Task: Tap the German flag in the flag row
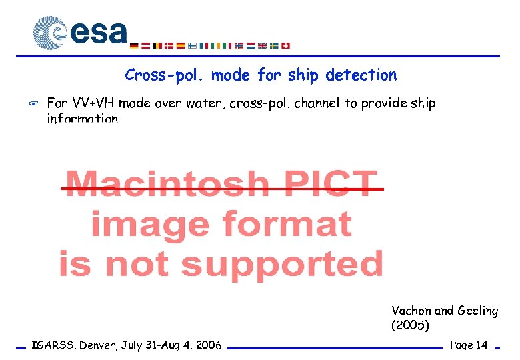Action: point(134,46)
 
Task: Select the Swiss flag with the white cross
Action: point(286,46)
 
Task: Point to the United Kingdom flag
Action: point(262,46)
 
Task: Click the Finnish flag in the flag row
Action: point(191,46)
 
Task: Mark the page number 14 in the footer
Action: point(482,345)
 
